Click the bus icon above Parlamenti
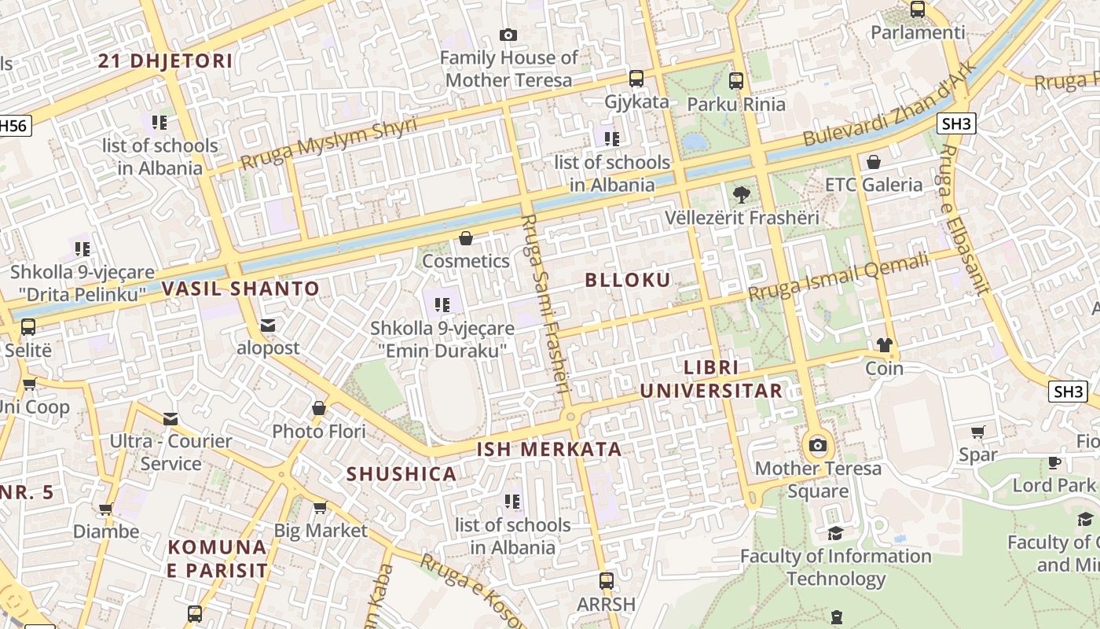[x=917, y=9]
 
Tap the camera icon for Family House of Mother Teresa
[x=508, y=35]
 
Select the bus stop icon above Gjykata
[x=636, y=79]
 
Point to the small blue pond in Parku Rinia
[x=695, y=142]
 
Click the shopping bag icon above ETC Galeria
[x=873, y=162]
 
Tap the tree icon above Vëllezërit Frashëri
[x=740, y=194]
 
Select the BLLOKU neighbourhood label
[x=628, y=281]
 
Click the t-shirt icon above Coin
[x=885, y=345]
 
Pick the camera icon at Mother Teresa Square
[x=818, y=446]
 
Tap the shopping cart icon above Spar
[x=978, y=432]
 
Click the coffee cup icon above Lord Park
[x=1054, y=462]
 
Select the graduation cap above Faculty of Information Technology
[x=835, y=534]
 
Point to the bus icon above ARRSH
[x=606, y=581]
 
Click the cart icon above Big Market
[x=320, y=507]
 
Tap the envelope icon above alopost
[x=268, y=325]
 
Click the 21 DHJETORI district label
[x=165, y=61]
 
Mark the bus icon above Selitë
[x=28, y=326]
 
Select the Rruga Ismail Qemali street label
[x=838, y=278]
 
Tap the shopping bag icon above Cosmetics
[x=466, y=237]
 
